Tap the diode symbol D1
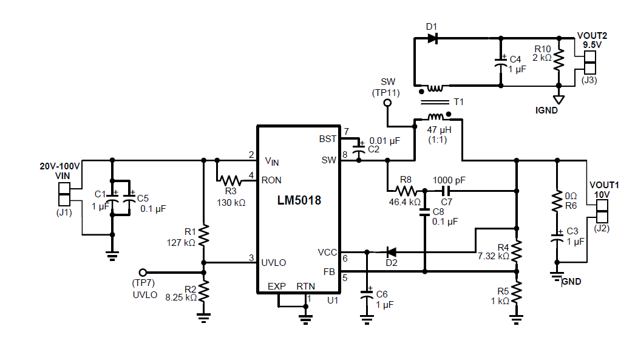432,38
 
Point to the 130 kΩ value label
231,202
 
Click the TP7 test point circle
143,273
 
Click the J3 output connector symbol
589,63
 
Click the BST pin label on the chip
328,139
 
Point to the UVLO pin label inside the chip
274,262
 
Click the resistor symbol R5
516,293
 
